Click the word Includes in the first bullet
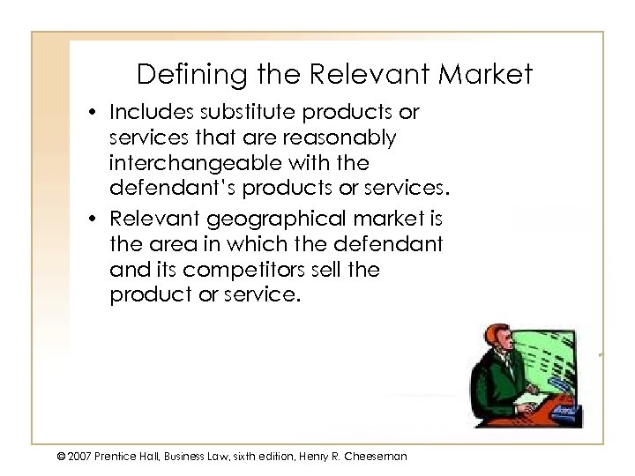[144, 114]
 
